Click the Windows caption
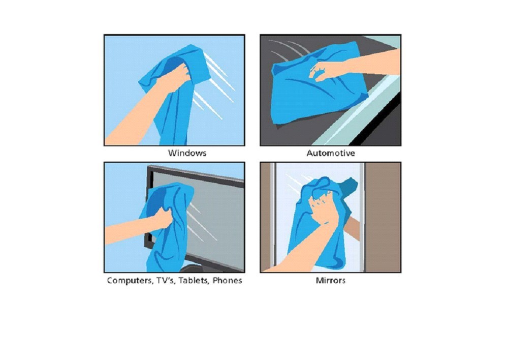point(187,153)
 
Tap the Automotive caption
point(331,153)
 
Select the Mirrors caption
point(331,280)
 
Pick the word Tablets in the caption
point(194,281)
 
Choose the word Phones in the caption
point(227,280)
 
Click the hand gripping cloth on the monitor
point(163,217)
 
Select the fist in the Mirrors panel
point(323,207)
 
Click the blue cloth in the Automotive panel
point(319,86)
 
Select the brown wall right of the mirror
point(383,217)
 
